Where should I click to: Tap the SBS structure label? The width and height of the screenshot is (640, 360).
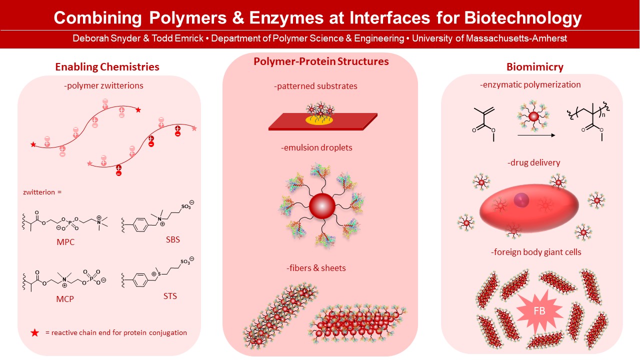(172, 239)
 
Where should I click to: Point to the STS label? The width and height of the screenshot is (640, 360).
(170, 296)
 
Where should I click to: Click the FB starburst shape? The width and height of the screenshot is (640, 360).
(539, 310)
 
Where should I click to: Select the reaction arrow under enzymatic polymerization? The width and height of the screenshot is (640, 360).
(535, 135)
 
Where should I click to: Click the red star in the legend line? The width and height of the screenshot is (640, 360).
(34, 332)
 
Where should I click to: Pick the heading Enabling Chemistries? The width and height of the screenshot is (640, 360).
(107, 66)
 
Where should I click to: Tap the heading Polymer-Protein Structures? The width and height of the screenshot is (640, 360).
(321, 61)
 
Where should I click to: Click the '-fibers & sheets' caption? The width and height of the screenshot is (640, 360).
(316, 268)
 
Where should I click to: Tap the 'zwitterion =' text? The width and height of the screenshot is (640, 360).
(42, 191)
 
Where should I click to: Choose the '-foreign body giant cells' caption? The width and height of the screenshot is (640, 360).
(536, 252)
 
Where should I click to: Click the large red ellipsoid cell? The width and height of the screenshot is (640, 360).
(528, 205)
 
